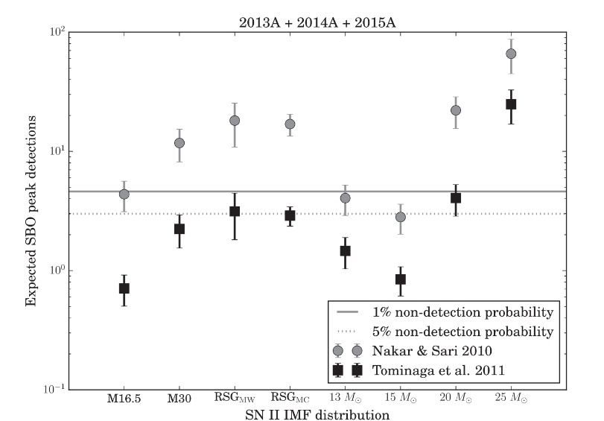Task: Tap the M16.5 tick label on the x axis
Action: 124,398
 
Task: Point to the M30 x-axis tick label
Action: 179,398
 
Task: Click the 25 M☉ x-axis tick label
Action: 511,398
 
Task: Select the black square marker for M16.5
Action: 124,288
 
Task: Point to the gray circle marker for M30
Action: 179,142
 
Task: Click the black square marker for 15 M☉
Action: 400,279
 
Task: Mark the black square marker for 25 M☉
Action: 511,104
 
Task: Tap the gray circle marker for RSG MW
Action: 235,121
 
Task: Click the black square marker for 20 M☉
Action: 456,198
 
